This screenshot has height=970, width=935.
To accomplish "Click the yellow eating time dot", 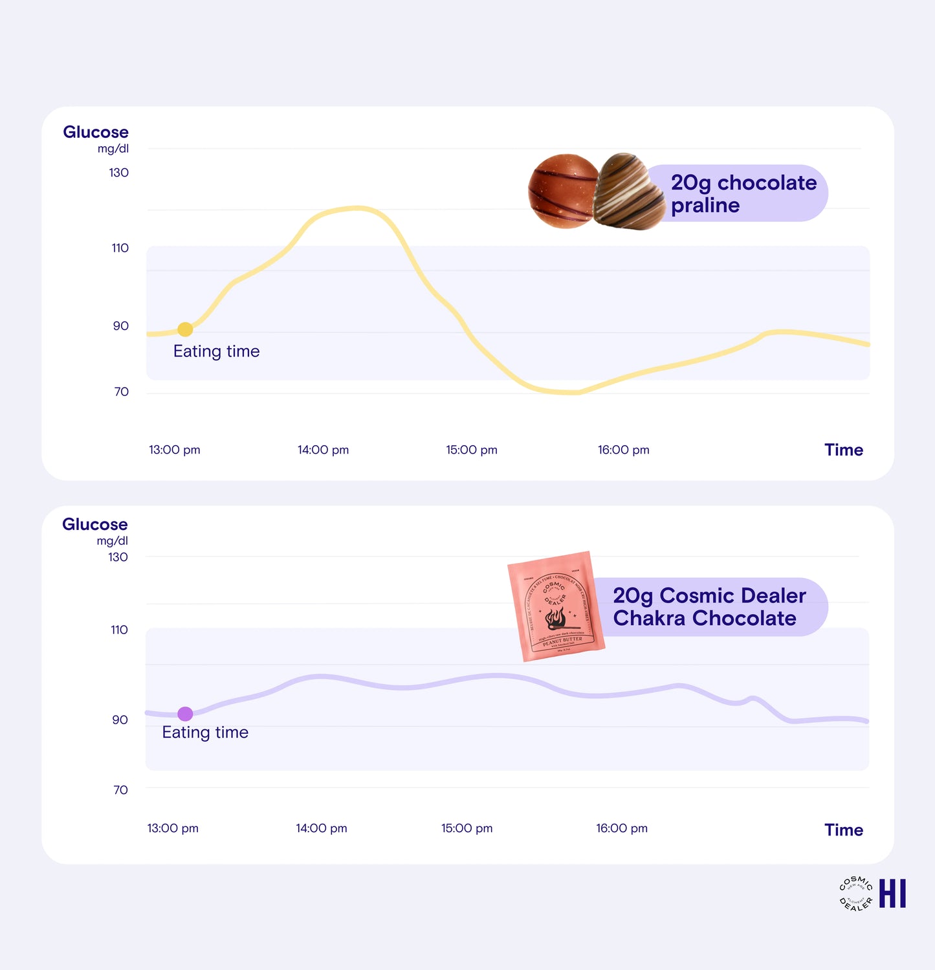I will pos(185,329).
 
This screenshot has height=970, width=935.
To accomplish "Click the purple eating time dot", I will pos(185,714).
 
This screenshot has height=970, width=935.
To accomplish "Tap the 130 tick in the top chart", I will pos(118,173).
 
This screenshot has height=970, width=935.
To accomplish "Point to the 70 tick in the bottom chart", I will pos(120,789).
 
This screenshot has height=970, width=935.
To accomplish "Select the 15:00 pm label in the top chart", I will pos(471,450).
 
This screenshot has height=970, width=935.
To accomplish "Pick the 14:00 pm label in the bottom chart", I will pos(321,828).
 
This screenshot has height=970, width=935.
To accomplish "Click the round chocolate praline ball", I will pos(563,191).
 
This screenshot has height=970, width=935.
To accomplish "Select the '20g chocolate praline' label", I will pos(743,193).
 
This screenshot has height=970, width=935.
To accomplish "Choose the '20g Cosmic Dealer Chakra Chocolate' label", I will pos(709,607).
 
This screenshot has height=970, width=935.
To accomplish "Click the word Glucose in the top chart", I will pos(96,132).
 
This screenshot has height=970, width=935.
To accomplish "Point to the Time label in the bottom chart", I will pos(843,830).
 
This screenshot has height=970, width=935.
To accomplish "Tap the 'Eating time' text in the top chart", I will pos(216,351).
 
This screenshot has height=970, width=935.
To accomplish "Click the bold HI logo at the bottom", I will pos(892,894).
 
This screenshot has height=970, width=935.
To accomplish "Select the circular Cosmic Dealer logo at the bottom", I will pos(855,894).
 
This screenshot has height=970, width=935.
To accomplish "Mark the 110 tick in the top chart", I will pos(120,248).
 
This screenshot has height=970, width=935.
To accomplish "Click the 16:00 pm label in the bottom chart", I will pos(621,828).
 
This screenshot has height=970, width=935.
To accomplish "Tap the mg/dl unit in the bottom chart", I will pos(112,541).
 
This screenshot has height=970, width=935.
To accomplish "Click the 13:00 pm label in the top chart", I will pos(174,450).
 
